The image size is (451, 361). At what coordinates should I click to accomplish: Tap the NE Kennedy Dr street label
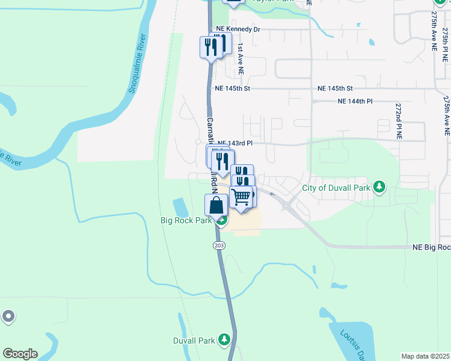click(x=238, y=29)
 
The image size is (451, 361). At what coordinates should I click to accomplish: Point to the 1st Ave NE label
click(x=240, y=58)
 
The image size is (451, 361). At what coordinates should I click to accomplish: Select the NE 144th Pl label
click(x=355, y=101)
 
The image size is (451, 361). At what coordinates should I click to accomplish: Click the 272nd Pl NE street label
click(x=398, y=121)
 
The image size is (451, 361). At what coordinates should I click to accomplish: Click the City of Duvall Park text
click(x=336, y=188)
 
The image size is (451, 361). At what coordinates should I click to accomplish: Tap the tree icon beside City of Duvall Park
click(x=379, y=187)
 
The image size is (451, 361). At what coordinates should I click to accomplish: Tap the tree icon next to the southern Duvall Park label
click(x=224, y=340)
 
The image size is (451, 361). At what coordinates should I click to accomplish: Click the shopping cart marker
click(x=241, y=196)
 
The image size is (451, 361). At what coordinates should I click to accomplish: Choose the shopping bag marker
click(x=216, y=205)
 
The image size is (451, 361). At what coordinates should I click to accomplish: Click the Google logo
click(x=20, y=354)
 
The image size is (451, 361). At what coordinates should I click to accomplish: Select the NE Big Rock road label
click(x=431, y=247)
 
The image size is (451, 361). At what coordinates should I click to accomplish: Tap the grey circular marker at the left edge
click(x=8, y=316)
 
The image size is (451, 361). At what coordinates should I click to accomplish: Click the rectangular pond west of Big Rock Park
click(x=180, y=208)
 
